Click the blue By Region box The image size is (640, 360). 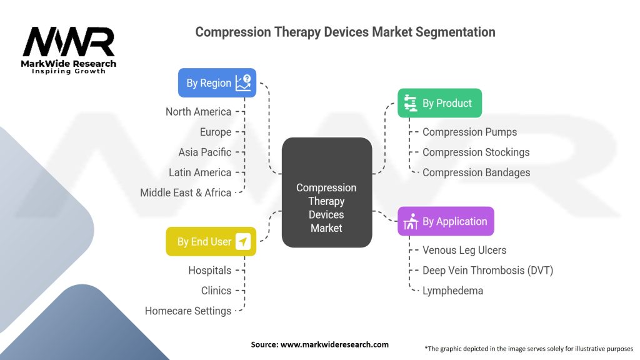coord(216,83)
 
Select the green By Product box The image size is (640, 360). coord(439,103)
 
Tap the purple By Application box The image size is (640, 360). coord(446,221)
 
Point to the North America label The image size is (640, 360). coord(198,112)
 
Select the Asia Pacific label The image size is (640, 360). coord(204,152)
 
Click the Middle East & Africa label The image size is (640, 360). coord(185,192)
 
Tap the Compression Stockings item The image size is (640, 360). coord(476,152)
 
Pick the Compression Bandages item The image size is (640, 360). coord(476,172)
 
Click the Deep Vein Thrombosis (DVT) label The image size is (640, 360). coord(487,270)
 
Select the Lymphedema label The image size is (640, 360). coord(452,291)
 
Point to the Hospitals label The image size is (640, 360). coord(209,270)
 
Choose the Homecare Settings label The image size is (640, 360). coord(187,311)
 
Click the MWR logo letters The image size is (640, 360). coord(69,42)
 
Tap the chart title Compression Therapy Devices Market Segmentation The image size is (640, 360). coord(345,32)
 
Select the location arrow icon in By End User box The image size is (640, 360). coord(242,241)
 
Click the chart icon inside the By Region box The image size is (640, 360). coord(243,82)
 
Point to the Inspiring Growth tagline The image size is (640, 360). coord(69,71)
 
